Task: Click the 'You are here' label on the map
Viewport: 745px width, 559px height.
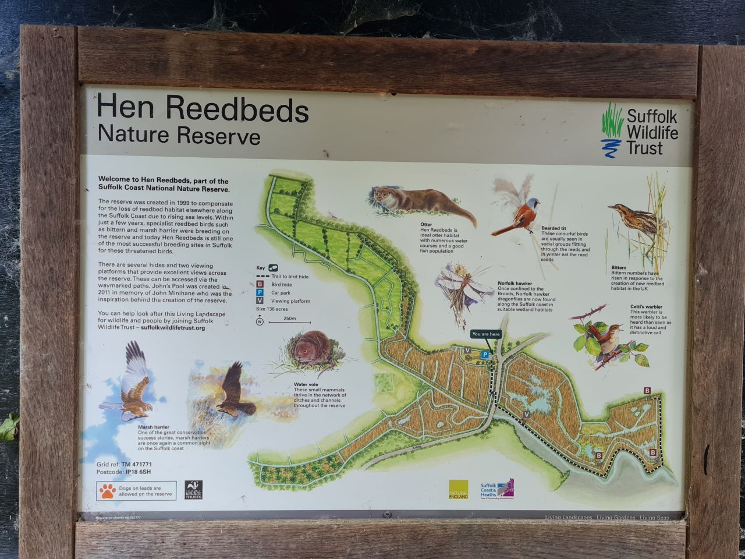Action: click(486, 334)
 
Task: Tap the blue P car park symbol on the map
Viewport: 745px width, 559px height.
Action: click(484, 354)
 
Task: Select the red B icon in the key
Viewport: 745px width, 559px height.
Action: click(260, 284)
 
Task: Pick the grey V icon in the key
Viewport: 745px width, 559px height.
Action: click(260, 300)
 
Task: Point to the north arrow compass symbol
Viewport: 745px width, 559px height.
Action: click(260, 320)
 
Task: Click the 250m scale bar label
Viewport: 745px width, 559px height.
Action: click(289, 319)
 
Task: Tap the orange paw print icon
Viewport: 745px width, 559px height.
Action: click(107, 491)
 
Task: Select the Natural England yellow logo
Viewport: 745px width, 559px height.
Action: click(458, 489)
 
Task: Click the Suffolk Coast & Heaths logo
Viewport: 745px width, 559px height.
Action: click(496, 489)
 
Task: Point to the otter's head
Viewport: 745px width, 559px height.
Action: click(383, 195)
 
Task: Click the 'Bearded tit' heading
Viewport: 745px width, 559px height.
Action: click(554, 228)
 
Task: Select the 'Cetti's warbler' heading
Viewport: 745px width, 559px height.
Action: click(645, 307)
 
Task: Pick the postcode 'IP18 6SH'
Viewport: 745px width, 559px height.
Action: click(139, 472)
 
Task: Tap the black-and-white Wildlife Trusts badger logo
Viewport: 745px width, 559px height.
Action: click(193, 490)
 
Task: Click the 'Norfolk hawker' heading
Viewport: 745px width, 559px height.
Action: click(515, 284)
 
